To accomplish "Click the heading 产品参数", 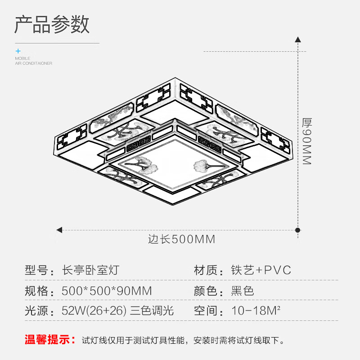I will coord(52,24).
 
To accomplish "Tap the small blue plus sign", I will coord(18,51).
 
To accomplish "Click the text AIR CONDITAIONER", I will coord(33,63).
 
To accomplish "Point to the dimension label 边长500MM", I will coord(182,239).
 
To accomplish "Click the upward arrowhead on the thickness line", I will coord(297,40).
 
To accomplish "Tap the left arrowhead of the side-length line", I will coord(59,230).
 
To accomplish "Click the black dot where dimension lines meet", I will coord(297,230).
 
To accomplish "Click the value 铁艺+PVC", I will coord(261,270).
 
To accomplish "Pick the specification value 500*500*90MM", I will coord(107,291).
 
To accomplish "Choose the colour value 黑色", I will coord(243,291).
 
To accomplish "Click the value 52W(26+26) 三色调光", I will coord(117,311).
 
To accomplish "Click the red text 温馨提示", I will coord(50,340).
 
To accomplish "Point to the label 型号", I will coord(36,270).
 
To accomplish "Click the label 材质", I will coord(206,270).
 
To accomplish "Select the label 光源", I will coord(36,311).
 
